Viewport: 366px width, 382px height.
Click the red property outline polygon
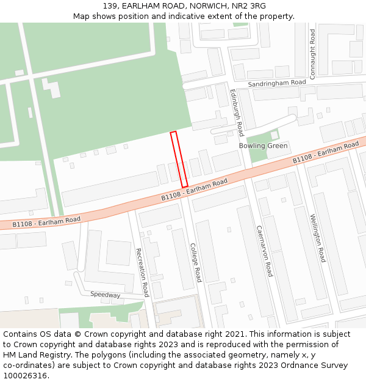[179, 160]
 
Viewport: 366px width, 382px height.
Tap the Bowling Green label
[263, 146]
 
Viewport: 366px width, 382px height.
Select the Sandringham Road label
[276, 83]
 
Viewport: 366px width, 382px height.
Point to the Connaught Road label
[312, 54]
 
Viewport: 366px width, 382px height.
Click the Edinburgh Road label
[236, 112]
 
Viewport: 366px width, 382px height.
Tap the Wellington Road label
[317, 238]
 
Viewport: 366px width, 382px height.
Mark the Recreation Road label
[142, 272]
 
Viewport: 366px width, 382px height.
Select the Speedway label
[106, 295]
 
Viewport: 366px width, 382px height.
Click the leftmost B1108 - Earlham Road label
[46, 222]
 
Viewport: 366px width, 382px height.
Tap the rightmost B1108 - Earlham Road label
[326, 152]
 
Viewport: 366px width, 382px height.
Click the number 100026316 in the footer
[25, 376]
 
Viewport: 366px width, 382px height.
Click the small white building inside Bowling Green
[274, 134]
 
